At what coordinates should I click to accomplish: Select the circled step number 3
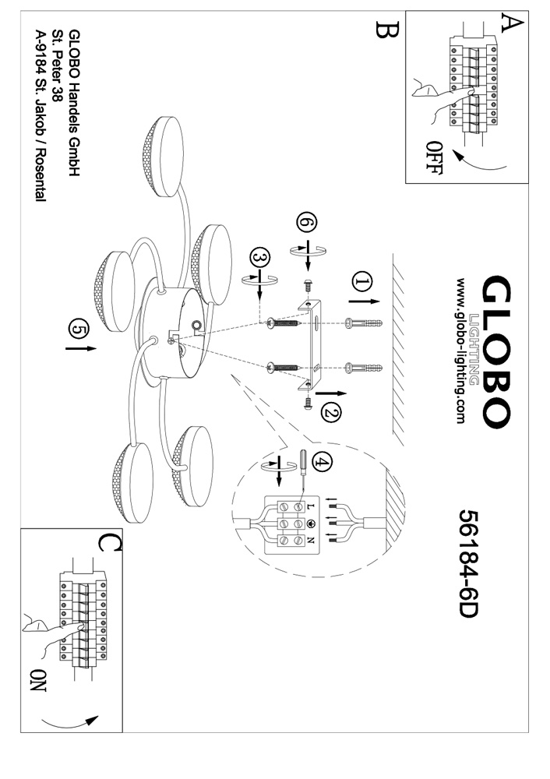(x=261, y=259)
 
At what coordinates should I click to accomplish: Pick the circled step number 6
(x=307, y=224)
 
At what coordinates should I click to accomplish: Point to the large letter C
(x=109, y=541)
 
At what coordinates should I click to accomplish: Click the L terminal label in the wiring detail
(x=312, y=506)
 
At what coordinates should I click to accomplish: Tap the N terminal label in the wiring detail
(x=312, y=539)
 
